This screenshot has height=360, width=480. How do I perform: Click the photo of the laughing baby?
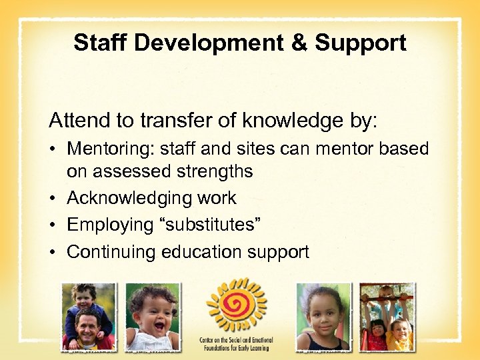click(153, 317)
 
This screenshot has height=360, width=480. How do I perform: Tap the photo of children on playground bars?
click(387, 317)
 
